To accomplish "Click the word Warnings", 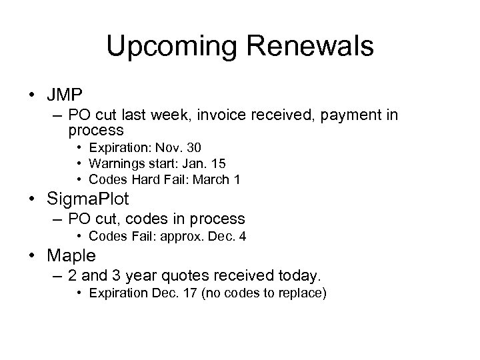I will click(114, 163).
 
